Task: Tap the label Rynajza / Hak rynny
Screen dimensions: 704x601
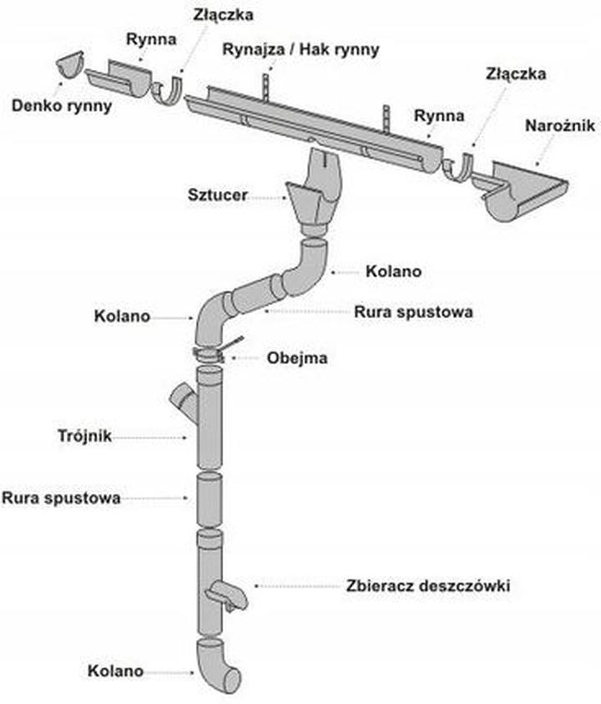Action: [x=300, y=49]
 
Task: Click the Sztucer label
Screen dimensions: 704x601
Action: [x=216, y=196]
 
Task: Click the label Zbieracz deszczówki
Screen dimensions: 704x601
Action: [x=427, y=586]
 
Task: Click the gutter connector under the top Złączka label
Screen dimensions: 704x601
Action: [x=169, y=89]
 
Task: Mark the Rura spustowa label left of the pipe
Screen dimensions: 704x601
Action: [x=61, y=498]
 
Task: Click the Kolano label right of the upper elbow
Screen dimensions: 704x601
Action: [x=394, y=271]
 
